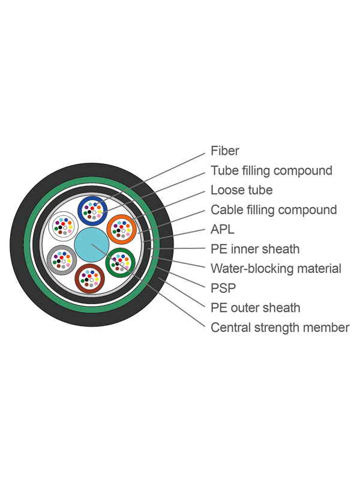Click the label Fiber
pos(225,151)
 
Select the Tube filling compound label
pos(271,170)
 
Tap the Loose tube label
pos(241,190)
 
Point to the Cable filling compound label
pos(274,210)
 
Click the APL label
pos(222,229)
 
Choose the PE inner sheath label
pos(255,248)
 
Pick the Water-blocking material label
pos(276,268)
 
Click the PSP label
pos(223,288)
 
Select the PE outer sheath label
pos(255,308)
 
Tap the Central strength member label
pos(280,328)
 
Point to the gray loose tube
pos(61,260)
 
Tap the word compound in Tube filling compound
pos(303,170)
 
